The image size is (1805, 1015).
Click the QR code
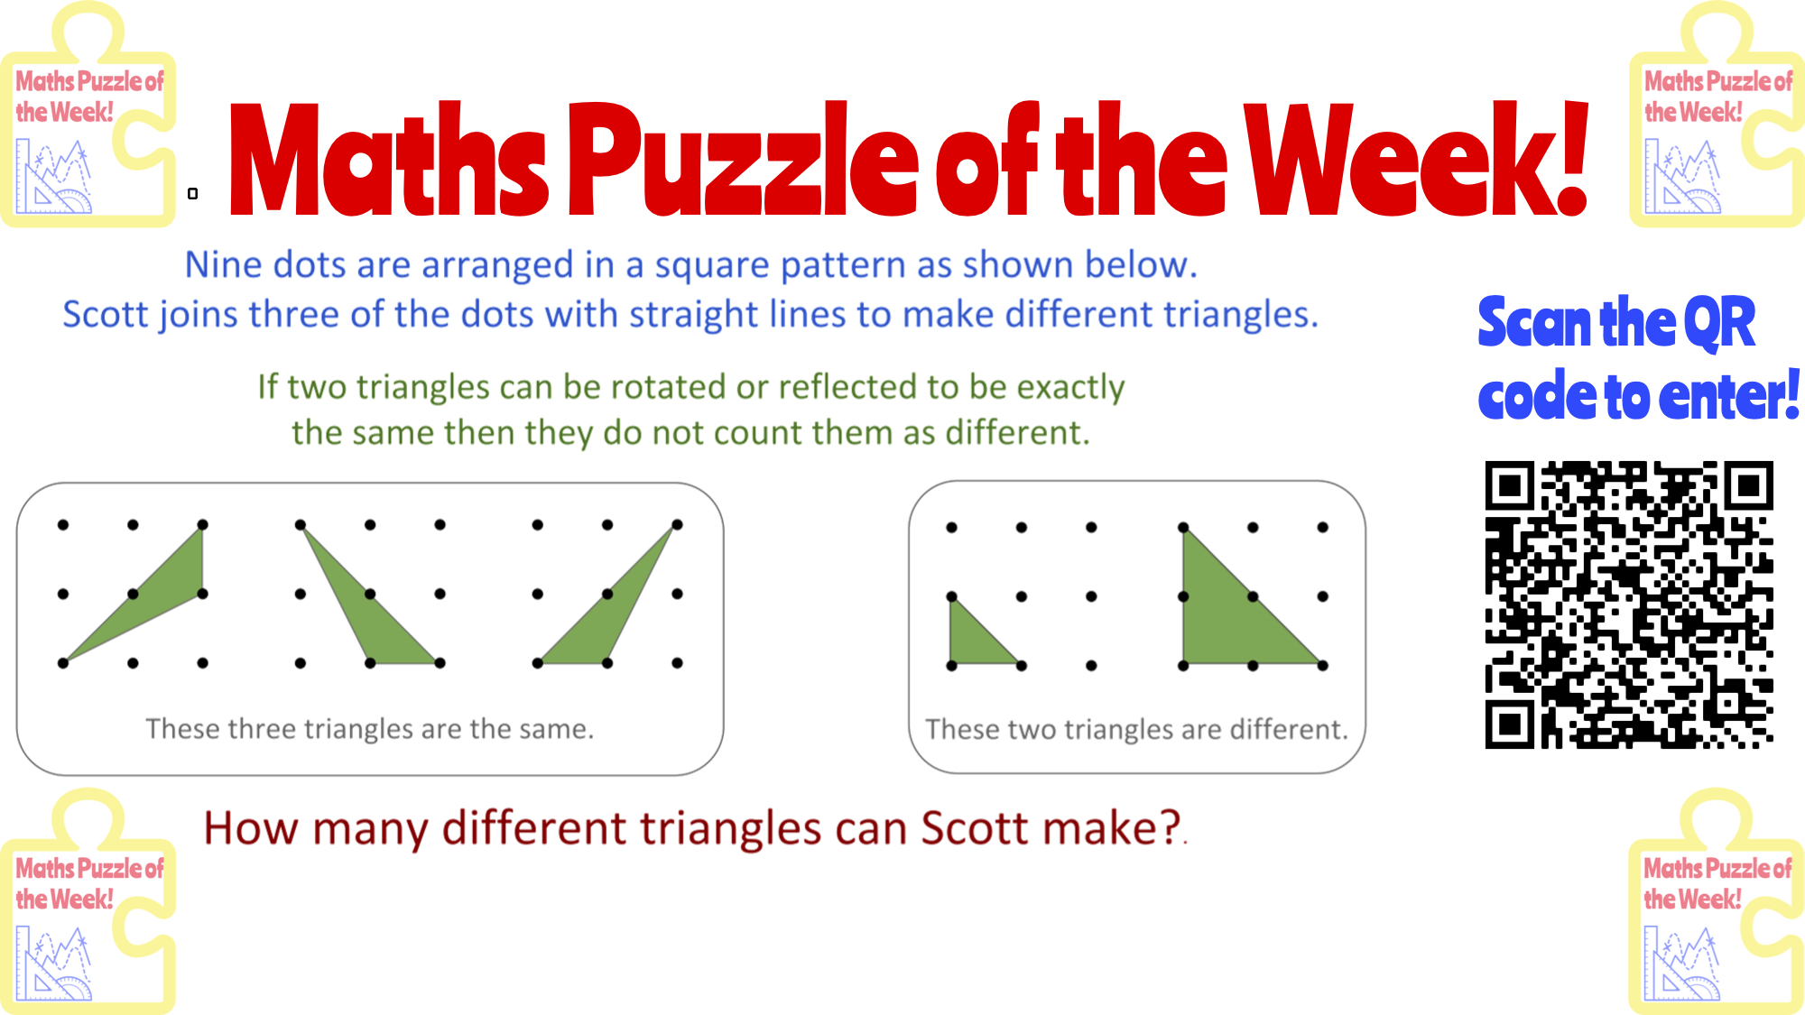click(x=1629, y=604)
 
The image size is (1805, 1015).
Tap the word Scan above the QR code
click(x=1534, y=323)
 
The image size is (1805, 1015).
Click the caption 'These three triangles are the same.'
click(x=370, y=728)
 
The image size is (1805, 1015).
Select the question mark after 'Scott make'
click(x=1171, y=828)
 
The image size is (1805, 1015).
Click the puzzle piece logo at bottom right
click(x=1717, y=901)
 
